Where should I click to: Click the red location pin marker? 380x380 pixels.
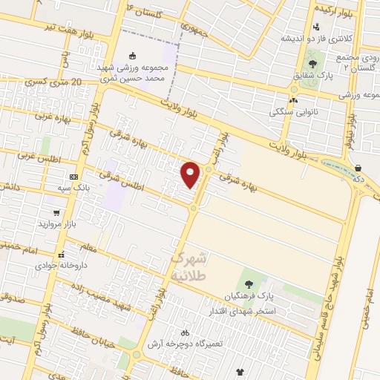click(x=191, y=174)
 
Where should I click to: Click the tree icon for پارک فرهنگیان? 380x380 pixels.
click(x=248, y=284)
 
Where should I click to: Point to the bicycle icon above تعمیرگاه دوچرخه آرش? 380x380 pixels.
click(x=185, y=332)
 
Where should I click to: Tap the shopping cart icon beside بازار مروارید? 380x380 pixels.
click(x=56, y=212)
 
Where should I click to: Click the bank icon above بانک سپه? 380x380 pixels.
click(x=73, y=177)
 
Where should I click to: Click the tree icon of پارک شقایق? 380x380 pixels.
click(x=312, y=64)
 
